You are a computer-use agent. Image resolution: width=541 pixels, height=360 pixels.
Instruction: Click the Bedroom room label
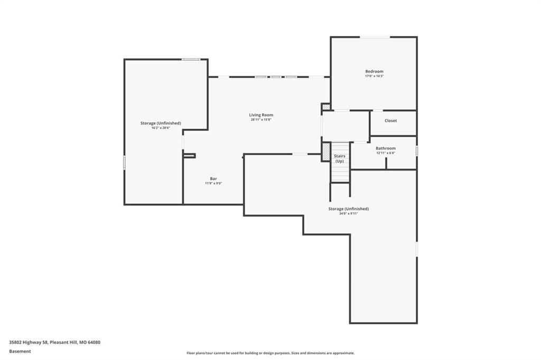(x=374, y=71)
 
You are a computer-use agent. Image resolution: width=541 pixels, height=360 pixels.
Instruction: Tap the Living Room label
(x=261, y=115)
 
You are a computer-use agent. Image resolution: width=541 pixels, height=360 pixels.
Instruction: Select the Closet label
(x=390, y=121)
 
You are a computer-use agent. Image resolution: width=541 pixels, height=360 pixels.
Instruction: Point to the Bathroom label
(x=386, y=148)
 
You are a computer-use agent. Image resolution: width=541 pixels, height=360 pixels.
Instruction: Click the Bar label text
(x=213, y=178)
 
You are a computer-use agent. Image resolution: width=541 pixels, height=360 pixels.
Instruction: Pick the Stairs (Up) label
(x=340, y=158)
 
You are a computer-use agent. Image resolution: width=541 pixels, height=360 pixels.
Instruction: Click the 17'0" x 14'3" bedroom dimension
(x=375, y=76)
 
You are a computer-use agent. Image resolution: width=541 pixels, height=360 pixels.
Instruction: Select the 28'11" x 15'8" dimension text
(x=261, y=120)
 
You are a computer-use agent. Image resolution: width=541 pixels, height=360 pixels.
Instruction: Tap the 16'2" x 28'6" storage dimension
(x=161, y=128)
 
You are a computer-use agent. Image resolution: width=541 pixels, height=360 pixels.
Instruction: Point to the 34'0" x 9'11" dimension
(x=349, y=213)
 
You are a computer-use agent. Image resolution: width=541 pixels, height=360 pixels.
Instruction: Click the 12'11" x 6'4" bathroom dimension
(x=386, y=153)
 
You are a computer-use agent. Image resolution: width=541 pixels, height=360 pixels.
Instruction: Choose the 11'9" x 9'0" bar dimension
(x=213, y=184)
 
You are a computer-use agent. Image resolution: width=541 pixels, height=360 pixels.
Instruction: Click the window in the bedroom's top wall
(x=376, y=37)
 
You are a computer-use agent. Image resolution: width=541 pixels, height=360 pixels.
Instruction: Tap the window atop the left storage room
(x=191, y=59)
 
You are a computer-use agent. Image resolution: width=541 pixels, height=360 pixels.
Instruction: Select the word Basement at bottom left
(x=20, y=352)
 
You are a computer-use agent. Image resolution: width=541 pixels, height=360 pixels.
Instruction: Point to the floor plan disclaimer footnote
(x=270, y=353)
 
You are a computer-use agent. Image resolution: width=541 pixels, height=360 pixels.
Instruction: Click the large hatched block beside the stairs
(x=325, y=151)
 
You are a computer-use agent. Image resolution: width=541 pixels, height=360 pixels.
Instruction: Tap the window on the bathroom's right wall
(x=417, y=150)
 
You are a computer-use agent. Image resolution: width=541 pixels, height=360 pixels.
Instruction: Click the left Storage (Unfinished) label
(x=161, y=123)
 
